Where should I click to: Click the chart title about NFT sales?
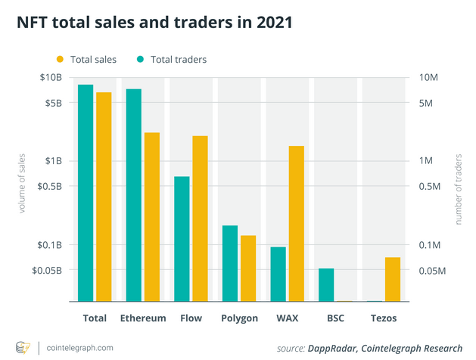pyautogui.click(x=149, y=23)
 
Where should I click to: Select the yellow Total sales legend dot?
pyautogui.click(x=60, y=59)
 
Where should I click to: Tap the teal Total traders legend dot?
pyautogui.click(x=141, y=59)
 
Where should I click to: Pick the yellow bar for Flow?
pyautogui.click(x=200, y=219)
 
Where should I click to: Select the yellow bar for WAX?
pyautogui.click(x=296, y=224)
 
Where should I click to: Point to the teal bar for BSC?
pyautogui.click(x=326, y=285)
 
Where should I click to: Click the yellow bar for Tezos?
pyautogui.click(x=393, y=279)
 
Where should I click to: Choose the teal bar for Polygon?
pyautogui.click(x=230, y=263)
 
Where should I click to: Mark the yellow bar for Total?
pyautogui.click(x=104, y=197)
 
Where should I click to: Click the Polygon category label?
pyautogui.click(x=240, y=318)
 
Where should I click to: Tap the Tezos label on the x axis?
pyautogui.click(x=384, y=318)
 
